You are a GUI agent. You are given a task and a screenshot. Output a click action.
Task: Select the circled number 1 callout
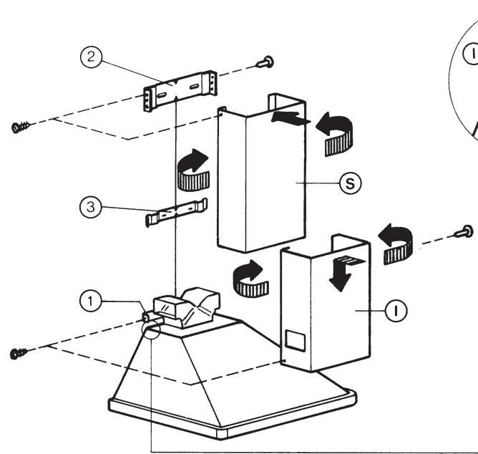89,302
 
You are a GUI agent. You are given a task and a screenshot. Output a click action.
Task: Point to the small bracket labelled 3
176,213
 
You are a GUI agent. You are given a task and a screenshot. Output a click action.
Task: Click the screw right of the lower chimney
464,231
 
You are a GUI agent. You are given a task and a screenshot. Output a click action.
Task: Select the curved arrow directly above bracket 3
191,169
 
